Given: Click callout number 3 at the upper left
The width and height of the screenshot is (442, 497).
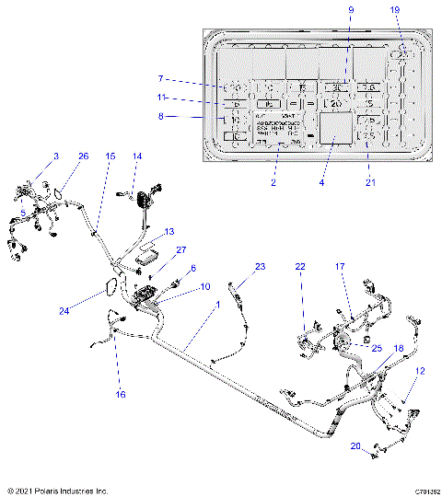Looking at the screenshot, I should point(54,157).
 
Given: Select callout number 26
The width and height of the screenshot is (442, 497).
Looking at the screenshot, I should point(83,157).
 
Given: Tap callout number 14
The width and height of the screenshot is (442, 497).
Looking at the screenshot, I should point(137,157).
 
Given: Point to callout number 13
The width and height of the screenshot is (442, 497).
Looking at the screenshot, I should point(169,232).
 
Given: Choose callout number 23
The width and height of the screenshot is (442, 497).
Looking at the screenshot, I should point(260,267).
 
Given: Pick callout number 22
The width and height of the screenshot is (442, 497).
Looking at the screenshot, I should point(300,267).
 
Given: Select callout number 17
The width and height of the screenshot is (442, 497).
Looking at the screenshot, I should point(340,267).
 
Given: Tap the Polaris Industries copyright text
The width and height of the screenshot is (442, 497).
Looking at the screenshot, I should point(56,491).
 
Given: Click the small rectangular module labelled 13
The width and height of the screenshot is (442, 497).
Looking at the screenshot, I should point(144,255).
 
